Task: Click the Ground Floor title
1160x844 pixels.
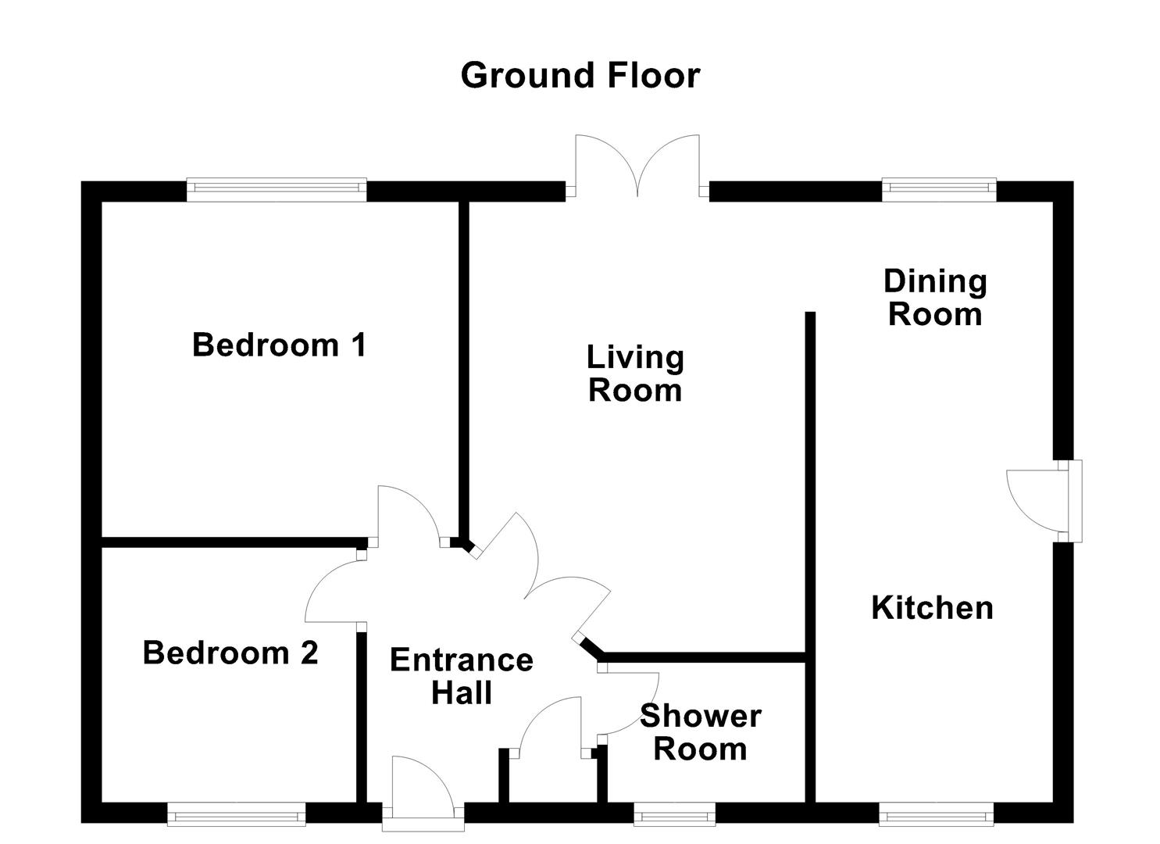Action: [x=580, y=76]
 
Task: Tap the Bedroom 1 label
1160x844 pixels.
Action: [x=279, y=345]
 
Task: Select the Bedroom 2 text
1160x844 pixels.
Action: [x=230, y=653]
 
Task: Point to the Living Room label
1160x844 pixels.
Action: [x=635, y=374]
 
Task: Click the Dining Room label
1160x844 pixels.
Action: [x=935, y=298]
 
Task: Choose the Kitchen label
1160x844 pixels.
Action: [x=932, y=607]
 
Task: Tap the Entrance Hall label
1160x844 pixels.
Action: [x=461, y=676]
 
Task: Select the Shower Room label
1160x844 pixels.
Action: [x=700, y=732]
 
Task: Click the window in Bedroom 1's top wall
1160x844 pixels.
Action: [x=276, y=189]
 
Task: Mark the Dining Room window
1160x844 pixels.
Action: [x=939, y=189]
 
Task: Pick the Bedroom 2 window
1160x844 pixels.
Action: [x=237, y=815]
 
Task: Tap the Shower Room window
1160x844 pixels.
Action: [x=674, y=815]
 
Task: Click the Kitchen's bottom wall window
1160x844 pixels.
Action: [x=936, y=815]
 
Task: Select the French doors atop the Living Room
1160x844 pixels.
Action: [x=637, y=168]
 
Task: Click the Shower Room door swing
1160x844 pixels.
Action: [x=631, y=703]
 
